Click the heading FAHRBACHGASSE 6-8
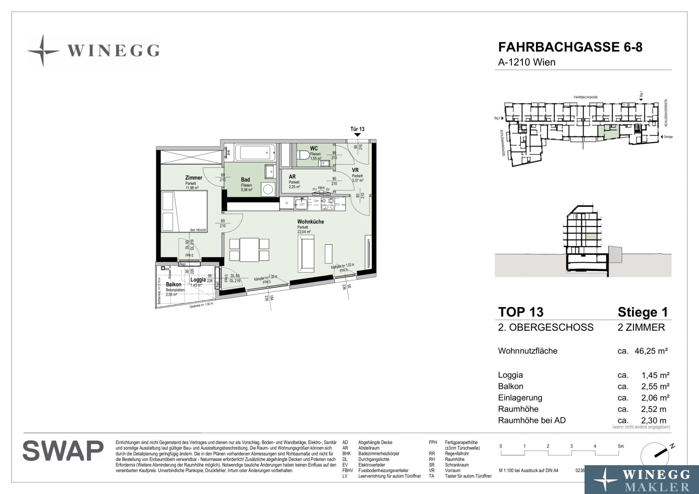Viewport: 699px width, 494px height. (570, 47)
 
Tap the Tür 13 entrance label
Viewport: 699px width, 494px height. (357, 129)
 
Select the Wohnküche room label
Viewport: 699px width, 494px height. (310, 222)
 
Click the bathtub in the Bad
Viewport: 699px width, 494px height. (255, 153)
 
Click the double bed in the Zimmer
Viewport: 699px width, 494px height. (184, 211)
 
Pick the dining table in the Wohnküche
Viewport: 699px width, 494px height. (249, 249)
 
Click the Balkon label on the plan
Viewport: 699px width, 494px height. (173, 285)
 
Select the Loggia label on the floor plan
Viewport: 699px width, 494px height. (198, 279)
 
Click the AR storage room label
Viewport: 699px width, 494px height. (292, 177)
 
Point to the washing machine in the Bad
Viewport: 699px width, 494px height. (268, 189)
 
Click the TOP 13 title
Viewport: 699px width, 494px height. (520, 312)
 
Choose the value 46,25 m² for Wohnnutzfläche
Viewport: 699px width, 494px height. (650, 351)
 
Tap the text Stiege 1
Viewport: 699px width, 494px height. (642, 312)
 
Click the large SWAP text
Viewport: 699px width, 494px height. (63, 451)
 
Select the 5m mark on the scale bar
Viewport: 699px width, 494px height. (620, 446)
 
